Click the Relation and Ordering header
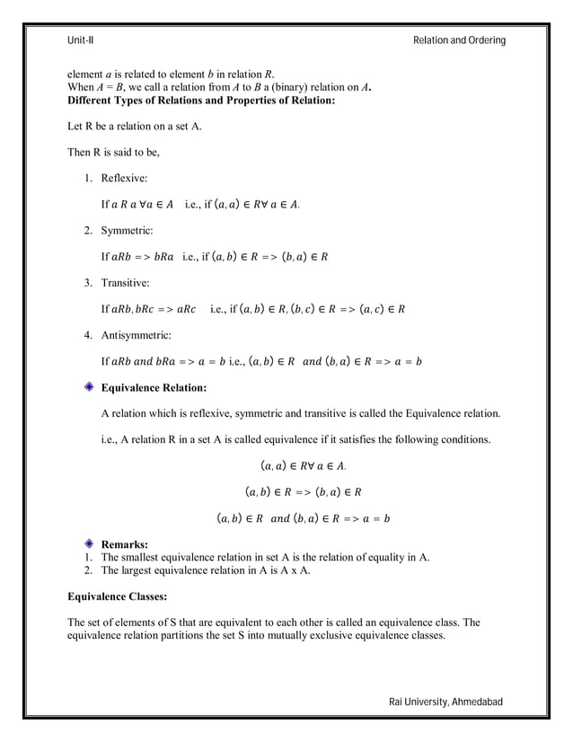459,40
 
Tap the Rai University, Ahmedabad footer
445,702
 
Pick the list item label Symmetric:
127,231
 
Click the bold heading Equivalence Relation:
154,387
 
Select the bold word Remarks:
125,544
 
